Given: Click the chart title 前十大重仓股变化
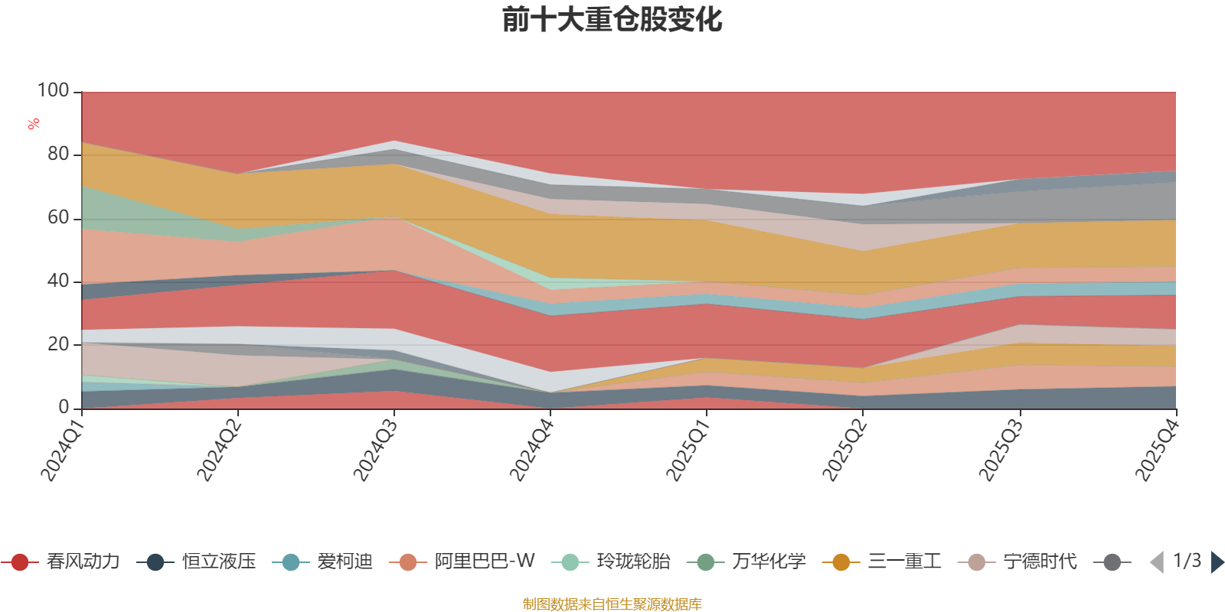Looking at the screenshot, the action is [x=612, y=20].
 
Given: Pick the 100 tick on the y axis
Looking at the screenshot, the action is [x=53, y=90].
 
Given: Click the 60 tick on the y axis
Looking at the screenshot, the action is [x=58, y=217].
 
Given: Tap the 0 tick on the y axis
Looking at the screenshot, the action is [x=64, y=407].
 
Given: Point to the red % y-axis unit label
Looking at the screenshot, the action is [x=34, y=124].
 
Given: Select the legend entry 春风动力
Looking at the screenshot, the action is [x=60, y=562].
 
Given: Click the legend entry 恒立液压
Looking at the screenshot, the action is [x=196, y=562].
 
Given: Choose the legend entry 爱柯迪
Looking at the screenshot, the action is [x=322, y=562].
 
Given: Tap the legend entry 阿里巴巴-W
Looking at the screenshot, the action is [x=462, y=562].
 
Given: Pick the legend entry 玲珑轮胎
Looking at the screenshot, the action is [x=611, y=562].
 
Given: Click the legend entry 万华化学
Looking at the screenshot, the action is [x=746, y=562].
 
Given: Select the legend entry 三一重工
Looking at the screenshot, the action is [x=882, y=562].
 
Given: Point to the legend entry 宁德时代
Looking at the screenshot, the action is [x=1018, y=562].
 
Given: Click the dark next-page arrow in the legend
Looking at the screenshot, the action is [x=1217, y=562].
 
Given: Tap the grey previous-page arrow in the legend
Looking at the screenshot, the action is [x=1157, y=562].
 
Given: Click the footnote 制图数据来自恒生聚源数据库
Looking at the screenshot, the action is [x=612, y=604].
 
